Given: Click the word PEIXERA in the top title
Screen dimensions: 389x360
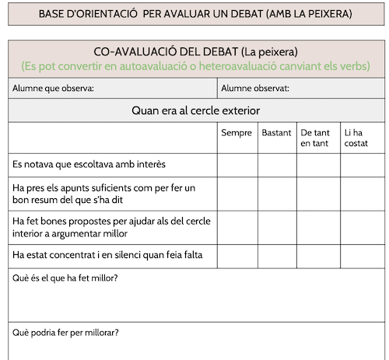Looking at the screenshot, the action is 327,14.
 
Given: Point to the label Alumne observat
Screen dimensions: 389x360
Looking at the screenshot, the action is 254,89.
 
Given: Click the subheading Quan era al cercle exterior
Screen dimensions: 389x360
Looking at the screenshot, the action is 195,110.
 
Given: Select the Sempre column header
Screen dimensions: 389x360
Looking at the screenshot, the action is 237,133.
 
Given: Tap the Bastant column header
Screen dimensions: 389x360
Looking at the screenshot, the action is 276,133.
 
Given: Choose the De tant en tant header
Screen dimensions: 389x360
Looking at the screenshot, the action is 315,138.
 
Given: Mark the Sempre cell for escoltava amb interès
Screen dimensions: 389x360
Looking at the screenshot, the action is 237,165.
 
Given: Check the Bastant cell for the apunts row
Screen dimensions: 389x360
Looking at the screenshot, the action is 277,194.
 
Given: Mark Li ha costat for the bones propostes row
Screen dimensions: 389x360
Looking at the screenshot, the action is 362,227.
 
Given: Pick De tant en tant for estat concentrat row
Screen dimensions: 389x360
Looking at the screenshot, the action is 318,254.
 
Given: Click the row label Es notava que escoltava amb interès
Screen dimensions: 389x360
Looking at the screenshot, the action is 89,165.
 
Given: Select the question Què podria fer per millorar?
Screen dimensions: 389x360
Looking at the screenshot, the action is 65,334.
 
